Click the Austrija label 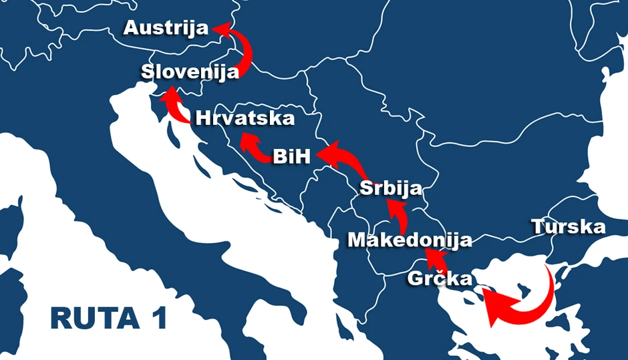[166, 28]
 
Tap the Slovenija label [190, 72]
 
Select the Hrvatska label [245, 118]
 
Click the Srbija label [391, 188]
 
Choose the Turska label [569, 226]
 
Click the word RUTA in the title [91, 319]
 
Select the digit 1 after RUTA [157, 319]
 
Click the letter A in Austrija [132, 28]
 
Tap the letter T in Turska [538, 226]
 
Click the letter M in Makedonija [359, 240]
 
